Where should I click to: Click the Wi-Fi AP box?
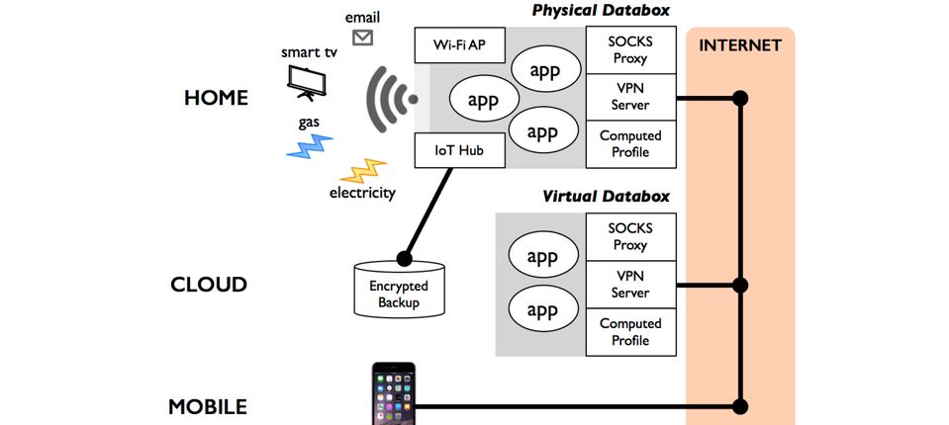click(x=459, y=44)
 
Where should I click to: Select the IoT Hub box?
click(x=459, y=152)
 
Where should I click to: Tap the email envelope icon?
click(x=362, y=38)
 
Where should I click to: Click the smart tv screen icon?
click(x=306, y=82)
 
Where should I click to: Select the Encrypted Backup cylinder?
click(x=399, y=290)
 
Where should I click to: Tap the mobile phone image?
click(x=394, y=394)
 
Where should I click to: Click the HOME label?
click(x=216, y=98)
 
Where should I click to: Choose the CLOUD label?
click(x=208, y=285)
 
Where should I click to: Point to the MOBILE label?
click(x=208, y=406)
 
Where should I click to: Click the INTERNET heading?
click(x=739, y=45)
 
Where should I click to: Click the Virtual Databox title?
click(x=606, y=196)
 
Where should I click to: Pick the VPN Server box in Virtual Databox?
click(x=630, y=285)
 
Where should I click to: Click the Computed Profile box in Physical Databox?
click(x=630, y=143)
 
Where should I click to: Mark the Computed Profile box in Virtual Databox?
click(x=630, y=331)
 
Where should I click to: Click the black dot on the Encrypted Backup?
click(x=403, y=259)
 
